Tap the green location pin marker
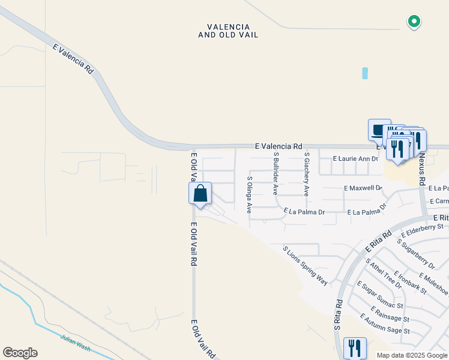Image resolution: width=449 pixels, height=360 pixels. click(414, 22)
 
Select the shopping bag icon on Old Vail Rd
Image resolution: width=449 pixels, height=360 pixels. click(200, 194)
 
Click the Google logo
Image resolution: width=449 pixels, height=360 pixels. click(20, 353)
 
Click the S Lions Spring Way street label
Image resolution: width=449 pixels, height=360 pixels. click(305, 265)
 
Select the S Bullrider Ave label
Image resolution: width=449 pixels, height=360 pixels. click(276, 173)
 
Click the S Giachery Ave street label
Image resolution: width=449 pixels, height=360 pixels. click(306, 174)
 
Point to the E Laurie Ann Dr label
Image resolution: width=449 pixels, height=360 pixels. click(356, 159)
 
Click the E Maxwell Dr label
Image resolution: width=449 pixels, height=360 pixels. click(363, 188)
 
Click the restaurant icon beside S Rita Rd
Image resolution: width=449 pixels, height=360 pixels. click(354, 347)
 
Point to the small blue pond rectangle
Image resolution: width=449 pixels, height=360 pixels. click(365, 74)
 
